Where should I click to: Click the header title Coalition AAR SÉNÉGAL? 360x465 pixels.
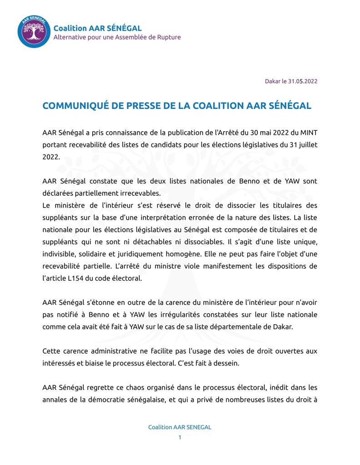(x=97, y=28)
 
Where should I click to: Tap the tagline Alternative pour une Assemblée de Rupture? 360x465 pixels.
(x=117, y=37)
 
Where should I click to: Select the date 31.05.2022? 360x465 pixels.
(x=303, y=81)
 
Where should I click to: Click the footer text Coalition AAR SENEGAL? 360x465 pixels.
(x=180, y=427)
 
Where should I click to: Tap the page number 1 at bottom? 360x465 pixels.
(x=180, y=437)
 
